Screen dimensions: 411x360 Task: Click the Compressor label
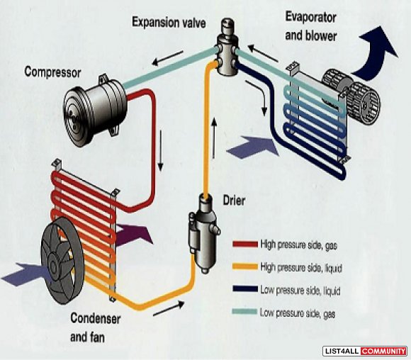pyautogui.click(x=52, y=72)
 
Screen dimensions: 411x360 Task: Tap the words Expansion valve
pyautogui.click(x=169, y=22)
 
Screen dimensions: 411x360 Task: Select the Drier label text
pyautogui.click(x=234, y=201)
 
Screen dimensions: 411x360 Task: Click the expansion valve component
pyautogui.click(x=227, y=47)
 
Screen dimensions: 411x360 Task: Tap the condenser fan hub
pyautogui.click(x=54, y=267)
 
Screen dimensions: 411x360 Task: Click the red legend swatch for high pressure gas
pyautogui.click(x=245, y=244)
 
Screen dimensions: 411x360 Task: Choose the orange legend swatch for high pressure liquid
pyautogui.click(x=245, y=266)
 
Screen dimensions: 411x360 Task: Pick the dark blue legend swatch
pyautogui.click(x=245, y=289)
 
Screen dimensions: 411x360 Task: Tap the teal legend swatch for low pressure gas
pyautogui.click(x=244, y=312)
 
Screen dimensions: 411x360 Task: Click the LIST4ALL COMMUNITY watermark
pyautogui.click(x=365, y=351)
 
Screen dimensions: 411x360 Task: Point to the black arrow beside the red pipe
pyautogui.click(x=160, y=151)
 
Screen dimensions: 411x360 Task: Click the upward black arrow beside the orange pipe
pyautogui.click(x=215, y=138)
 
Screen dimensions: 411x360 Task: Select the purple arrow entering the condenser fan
pyautogui.click(x=26, y=274)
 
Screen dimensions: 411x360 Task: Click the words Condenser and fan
pyautogui.click(x=96, y=327)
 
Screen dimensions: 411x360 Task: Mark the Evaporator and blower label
pyautogui.click(x=311, y=27)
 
